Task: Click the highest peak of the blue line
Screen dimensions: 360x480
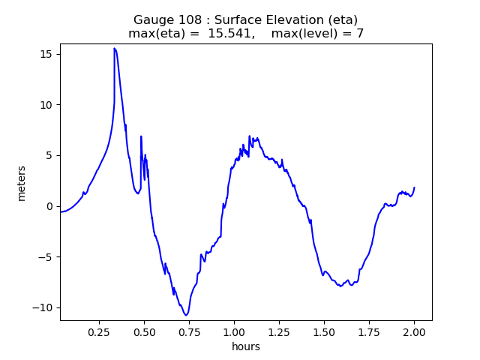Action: tap(115, 48)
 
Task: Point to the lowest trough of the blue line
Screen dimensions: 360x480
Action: tap(186, 315)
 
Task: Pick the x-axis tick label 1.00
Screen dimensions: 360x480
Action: tap(234, 331)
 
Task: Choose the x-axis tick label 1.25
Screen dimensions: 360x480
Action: tap(279, 331)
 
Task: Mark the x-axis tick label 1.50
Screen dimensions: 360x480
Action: tap(324, 331)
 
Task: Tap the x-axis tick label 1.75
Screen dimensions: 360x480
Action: tap(369, 331)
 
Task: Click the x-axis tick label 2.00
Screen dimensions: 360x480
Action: tap(414, 331)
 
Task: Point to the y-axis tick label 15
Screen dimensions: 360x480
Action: tap(46, 54)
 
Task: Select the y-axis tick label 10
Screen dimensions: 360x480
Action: tap(46, 105)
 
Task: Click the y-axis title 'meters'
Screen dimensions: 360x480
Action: tap(22, 183)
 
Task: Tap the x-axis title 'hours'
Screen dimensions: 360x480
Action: tap(246, 346)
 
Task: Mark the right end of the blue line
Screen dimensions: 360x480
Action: tap(414, 187)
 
